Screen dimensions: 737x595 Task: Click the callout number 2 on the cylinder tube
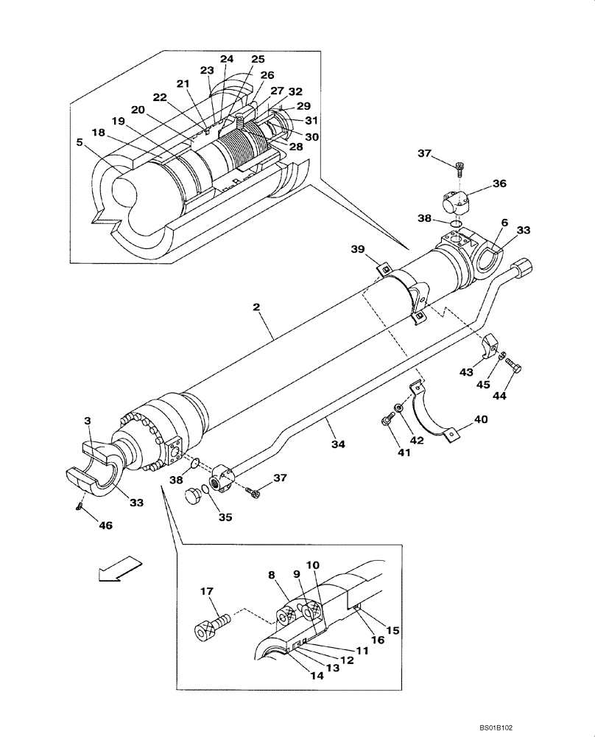[256, 307]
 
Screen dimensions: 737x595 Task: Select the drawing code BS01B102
[555, 726]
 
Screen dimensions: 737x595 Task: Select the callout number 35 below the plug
[225, 517]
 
